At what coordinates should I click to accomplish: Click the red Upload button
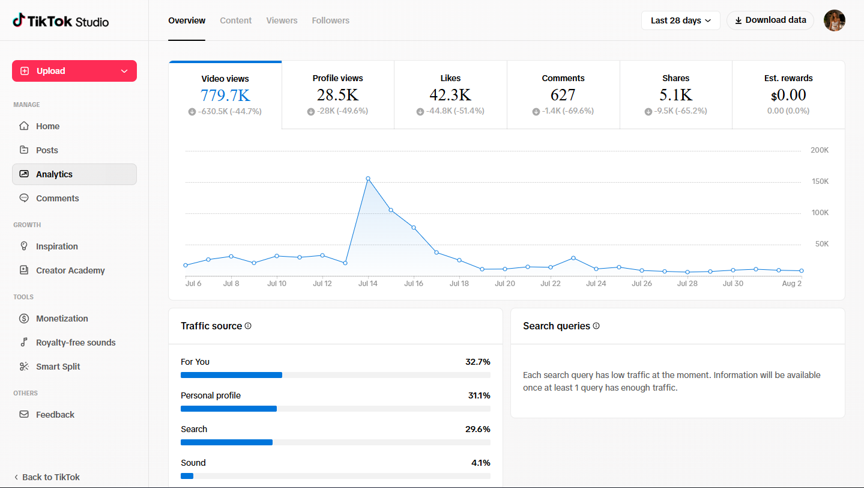(74, 71)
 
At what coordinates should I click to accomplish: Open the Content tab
(236, 20)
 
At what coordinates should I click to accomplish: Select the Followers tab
(331, 20)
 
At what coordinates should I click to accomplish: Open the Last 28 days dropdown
(680, 20)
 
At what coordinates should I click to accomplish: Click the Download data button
(770, 20)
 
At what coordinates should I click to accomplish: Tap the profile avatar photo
(835, 20)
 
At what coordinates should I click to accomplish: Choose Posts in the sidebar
(47, 150)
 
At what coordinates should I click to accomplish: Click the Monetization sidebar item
(62, 319)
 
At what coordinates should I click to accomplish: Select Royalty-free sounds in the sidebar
(76, 343)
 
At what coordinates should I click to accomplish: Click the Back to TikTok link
(47, 477)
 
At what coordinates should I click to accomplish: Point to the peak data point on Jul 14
(368, 178)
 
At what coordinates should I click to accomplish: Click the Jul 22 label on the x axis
(551, 284)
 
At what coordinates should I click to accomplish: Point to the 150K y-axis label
(820, 181)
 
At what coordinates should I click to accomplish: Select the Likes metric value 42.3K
(450, 95)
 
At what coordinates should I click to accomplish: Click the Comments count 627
(563, 95)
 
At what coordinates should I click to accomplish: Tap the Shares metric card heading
(676, 78)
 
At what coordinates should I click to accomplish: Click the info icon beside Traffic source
(248, 326)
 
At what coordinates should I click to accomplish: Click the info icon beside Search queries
(596, 326)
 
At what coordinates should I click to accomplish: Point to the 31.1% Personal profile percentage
(479, 395)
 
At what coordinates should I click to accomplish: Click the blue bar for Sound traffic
(187, 476)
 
